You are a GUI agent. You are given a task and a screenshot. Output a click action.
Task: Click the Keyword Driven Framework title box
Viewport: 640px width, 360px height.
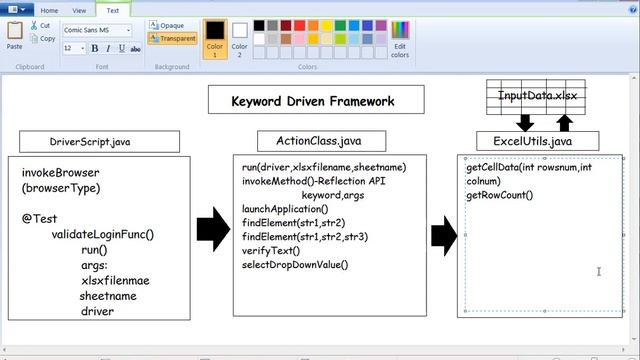[313, 101]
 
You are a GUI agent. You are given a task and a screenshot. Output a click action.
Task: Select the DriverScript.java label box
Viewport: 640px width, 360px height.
[90, 142]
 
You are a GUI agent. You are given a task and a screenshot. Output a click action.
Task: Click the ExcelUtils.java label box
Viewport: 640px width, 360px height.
[532, 142]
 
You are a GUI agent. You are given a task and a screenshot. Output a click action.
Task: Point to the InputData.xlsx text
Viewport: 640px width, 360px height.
[538, 96]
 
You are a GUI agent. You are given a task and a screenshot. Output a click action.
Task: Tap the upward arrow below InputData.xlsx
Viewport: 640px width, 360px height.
[563, 122]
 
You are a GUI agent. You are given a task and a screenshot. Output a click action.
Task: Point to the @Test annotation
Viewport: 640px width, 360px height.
[37, 216]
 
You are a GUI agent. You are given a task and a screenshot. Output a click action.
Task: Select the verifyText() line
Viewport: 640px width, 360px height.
[271, 250]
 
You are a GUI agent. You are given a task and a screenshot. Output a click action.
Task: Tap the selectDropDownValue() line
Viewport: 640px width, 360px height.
[295, 264]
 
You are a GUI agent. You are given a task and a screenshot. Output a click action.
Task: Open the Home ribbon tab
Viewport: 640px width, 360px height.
[49, 10]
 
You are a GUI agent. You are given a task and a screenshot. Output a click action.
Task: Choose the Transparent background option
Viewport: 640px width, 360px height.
[172, 39]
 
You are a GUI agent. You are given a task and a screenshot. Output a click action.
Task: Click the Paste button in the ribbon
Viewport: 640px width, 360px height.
[14, 35]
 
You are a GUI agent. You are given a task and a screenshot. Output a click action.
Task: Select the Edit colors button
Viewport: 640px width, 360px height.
[400, 37]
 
